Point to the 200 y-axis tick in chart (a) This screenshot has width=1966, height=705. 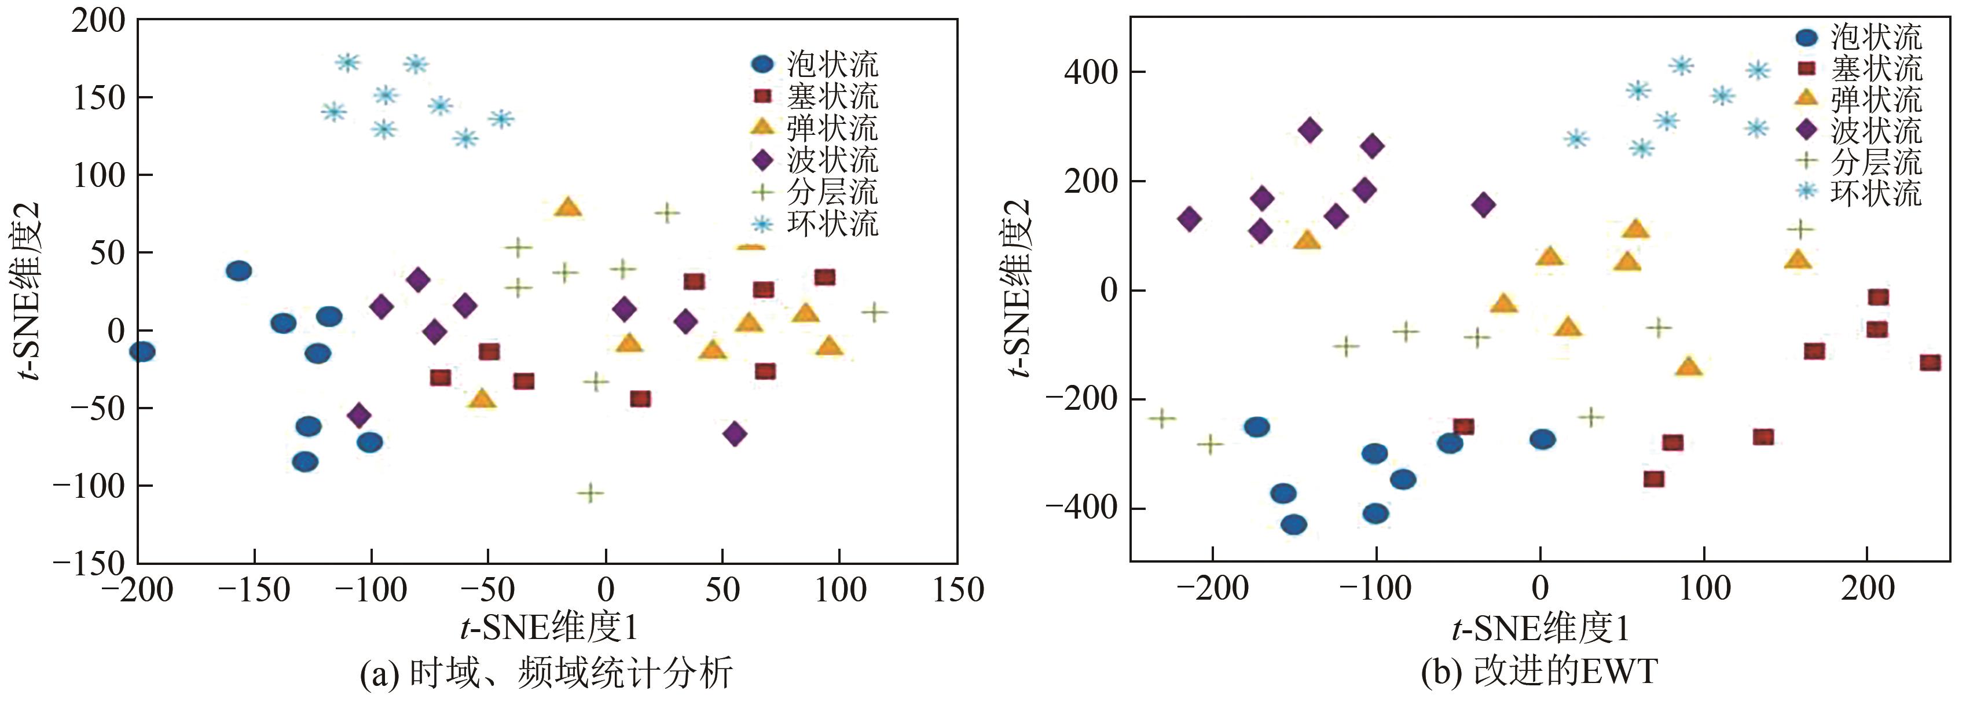click(98, 21)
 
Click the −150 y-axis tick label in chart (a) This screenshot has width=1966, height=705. click(88, 564)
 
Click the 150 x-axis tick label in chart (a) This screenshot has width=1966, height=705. click(958, 590)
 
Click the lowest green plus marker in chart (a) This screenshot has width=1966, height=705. click(590, 493)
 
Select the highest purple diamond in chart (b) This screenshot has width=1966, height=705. click(1311, 130)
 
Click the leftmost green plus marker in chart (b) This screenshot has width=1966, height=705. click(1161, 418)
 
